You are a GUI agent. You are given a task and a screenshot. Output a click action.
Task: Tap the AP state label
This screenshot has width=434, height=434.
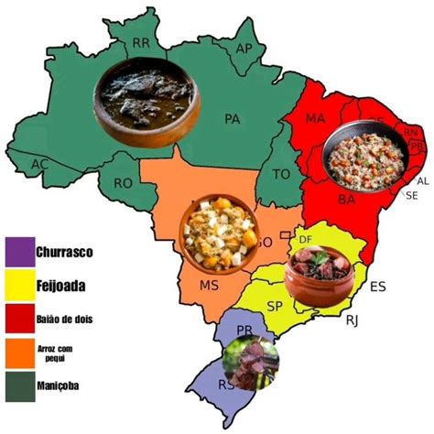pyautogui.click(x=244, y=48)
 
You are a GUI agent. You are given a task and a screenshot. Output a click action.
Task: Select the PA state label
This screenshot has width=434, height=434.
pyautogui.click(x=232, y=118)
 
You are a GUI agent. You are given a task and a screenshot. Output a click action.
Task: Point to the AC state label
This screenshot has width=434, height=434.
pyautogui.click(x=38, y=164)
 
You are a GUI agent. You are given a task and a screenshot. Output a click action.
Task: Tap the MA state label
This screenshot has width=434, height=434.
pyautogui.click(x=316, y=119)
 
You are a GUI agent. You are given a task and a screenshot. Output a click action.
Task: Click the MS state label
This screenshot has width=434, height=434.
pyautogui.click(x=209, y=286)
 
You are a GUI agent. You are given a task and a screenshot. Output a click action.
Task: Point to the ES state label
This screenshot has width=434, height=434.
pyautogui.click(x=377, y=287)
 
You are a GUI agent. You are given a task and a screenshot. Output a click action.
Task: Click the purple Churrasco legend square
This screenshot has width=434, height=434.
pyautogui.click(x=17, y=250)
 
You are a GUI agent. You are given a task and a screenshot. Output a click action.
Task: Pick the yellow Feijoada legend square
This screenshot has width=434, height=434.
pyautogui.click(x=17, y=284)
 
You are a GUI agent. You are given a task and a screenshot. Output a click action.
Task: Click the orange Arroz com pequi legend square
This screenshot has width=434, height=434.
pyautogui.click(x=17, y=352)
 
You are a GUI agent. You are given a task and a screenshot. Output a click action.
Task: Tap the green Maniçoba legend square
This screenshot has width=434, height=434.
pyautogui.click(x=17, y=385)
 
